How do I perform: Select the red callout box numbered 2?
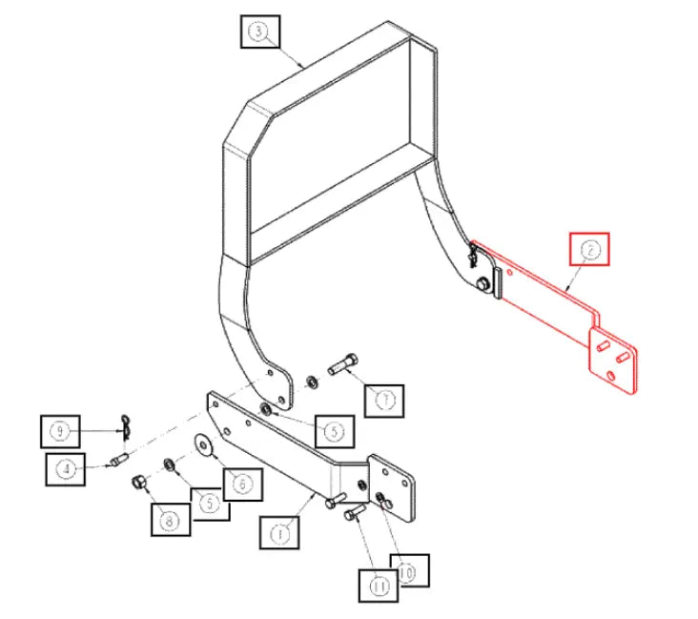pos(589,250)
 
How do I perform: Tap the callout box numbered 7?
pos(384,401)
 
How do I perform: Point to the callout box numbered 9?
pos(60,431)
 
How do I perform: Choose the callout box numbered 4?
pos(65,469)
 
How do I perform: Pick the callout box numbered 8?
pos(171,521)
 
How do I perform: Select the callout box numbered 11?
pos(379,585)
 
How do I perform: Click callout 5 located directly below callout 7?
pos(333,431)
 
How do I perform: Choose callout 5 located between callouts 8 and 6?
pos(210,502)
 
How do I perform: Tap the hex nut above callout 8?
pos(137,481)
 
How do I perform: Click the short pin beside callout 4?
pos(120,461)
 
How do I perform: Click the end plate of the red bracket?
pos(613,361)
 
